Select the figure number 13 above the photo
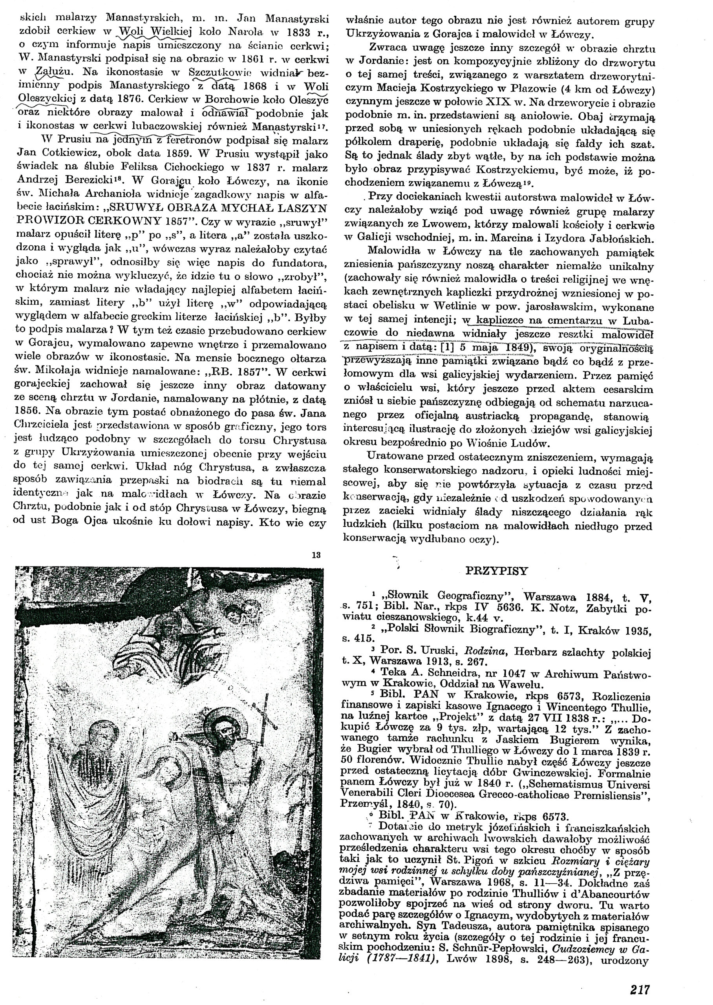[x=316, y=555]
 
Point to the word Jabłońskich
[x=619, y=239]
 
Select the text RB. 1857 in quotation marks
[x=231, y=373]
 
